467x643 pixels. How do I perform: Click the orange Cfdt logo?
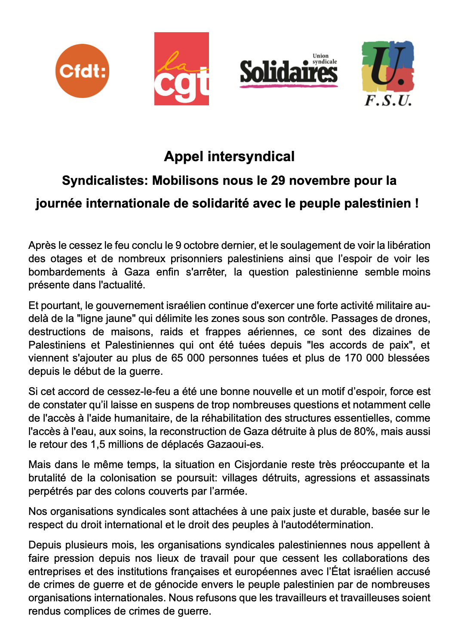(x=82, y=71)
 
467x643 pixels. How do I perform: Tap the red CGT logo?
(x=181, y=69)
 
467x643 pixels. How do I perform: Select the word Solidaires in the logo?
(x=288, y=72)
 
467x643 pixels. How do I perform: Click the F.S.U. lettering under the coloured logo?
(x=388, y=100)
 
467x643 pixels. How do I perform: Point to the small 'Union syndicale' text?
(x=324, y=59)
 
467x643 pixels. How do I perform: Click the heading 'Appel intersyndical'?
(x=229, y=156)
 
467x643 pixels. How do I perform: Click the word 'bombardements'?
(x=67, y=272)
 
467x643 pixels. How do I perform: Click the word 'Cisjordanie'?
(x=261, y=465)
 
